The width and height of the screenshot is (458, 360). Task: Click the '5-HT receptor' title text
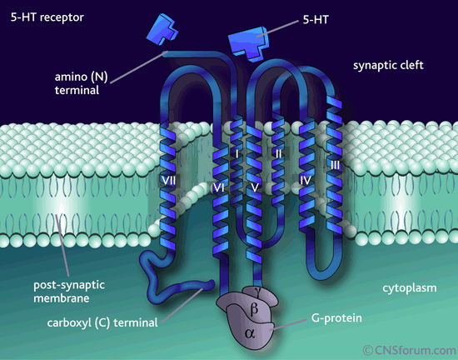coord(47,17)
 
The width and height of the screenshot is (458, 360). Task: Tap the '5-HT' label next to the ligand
coord(316,20)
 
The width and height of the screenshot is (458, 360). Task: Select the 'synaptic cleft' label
coord(388,65)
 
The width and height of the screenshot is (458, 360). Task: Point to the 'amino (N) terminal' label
coord(82,83)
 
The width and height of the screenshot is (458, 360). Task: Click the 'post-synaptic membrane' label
coord(69,292)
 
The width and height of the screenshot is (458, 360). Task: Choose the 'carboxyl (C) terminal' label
coord(102,322)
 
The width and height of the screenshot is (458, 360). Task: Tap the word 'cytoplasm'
coord(410,288)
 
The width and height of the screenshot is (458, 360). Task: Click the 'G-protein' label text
coord(336,318)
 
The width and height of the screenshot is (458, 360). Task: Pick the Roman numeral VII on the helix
coord(169,181)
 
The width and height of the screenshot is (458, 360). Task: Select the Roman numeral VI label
coord(218,187)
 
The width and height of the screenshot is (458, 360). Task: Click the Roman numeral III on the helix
coord(336,166)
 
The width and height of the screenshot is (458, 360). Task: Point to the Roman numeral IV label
coord(306,180)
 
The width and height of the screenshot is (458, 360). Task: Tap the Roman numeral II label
coord(278,153)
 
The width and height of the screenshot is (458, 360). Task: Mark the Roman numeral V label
coord(255,187)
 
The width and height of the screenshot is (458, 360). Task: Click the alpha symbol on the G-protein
coord(250,333)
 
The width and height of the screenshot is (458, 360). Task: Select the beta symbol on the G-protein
coord(254,309)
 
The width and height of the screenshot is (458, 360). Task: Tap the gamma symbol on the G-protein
coord(257,290)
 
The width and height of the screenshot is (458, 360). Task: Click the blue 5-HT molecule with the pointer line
coord(248,43)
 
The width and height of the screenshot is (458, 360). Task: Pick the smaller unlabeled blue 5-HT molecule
coord(162,29)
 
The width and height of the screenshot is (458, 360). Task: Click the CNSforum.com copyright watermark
coord(410,350)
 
